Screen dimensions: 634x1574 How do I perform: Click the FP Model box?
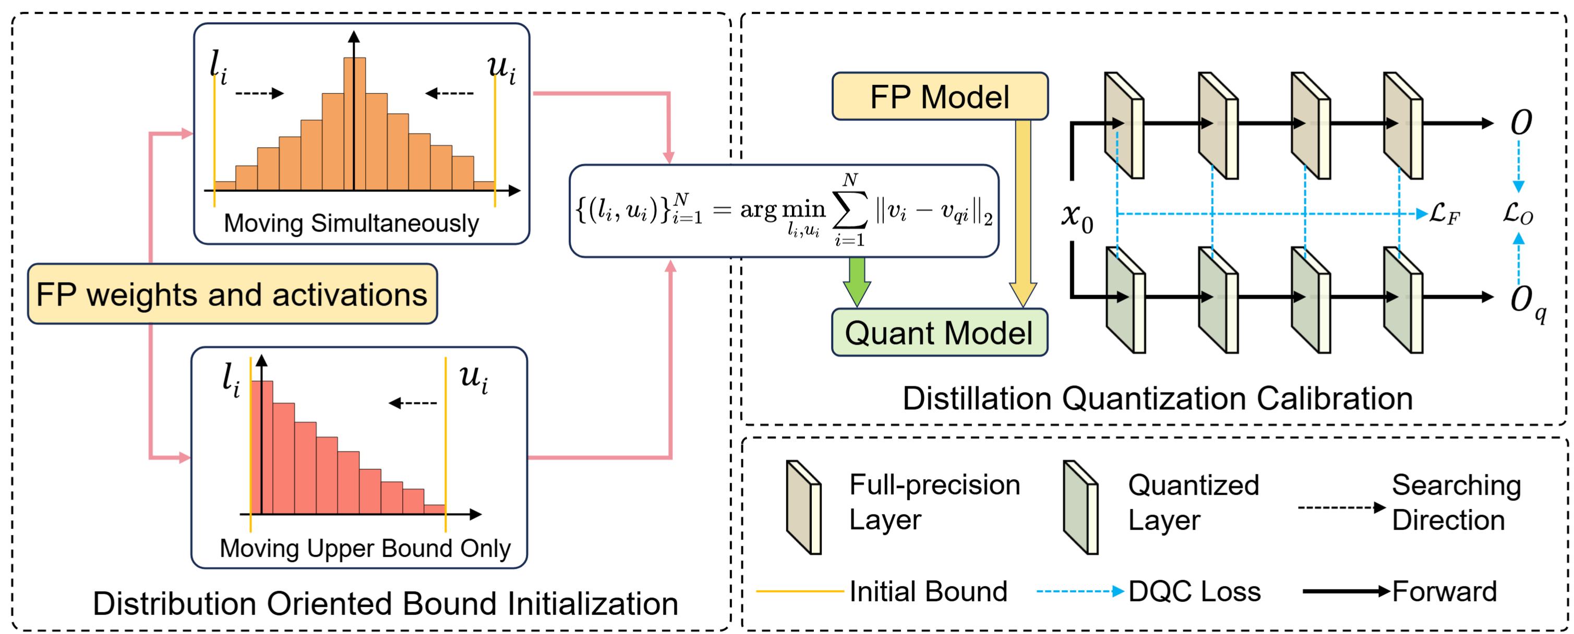(939, 96)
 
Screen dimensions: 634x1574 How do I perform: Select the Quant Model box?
(939, 333)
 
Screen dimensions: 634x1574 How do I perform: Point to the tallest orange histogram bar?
(354, 122)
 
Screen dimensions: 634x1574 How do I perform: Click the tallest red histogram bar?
(262, 446)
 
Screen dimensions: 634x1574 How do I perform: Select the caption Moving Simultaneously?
(351, 223)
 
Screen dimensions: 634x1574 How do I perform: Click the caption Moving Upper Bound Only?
(365, 548)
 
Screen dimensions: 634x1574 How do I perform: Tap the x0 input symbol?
(1077, 216)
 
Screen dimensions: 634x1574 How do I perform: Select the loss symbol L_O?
(1518, 214)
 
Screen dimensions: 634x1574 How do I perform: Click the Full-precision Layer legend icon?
(803, 507)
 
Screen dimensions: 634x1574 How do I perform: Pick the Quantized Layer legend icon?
(1080, 507)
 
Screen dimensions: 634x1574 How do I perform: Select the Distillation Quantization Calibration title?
(1157, 398)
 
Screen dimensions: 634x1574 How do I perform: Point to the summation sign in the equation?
(850, 211)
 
